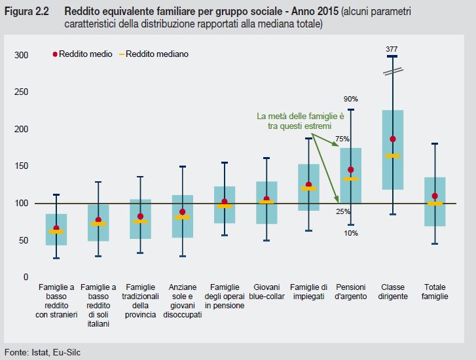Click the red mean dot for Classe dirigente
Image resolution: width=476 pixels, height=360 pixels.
click(x=393, y=139)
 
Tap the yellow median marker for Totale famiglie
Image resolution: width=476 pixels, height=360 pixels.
click(x=435, y=204)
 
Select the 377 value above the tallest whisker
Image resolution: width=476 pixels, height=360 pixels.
click(x=392, y=49)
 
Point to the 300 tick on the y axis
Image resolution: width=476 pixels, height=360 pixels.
click(x=21, y=56)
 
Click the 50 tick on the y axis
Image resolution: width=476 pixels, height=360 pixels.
click(x=24, y=240)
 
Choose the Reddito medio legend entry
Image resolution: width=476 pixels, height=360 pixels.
click(x=82, y=54)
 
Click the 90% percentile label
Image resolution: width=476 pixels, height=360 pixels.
click(x=351, y=99)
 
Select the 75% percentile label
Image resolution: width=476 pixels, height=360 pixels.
click(x=342, y=139)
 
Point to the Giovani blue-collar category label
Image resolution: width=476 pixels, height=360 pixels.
click(x=266, y=291)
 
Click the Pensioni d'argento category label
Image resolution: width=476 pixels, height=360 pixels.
click(x=350, y=291)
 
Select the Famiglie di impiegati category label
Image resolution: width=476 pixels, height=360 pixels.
click(x=308, y=291)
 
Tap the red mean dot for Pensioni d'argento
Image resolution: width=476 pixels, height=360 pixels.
click(x=351, y=170)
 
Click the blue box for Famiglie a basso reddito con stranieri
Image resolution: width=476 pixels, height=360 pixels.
click(x=56, y=229)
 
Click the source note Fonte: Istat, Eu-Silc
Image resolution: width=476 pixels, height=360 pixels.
click(x=43, y=352)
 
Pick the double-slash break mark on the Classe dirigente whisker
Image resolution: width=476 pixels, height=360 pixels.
click(x=392, y=69)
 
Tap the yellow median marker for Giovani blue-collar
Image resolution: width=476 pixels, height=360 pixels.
click(x=266, y=202)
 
